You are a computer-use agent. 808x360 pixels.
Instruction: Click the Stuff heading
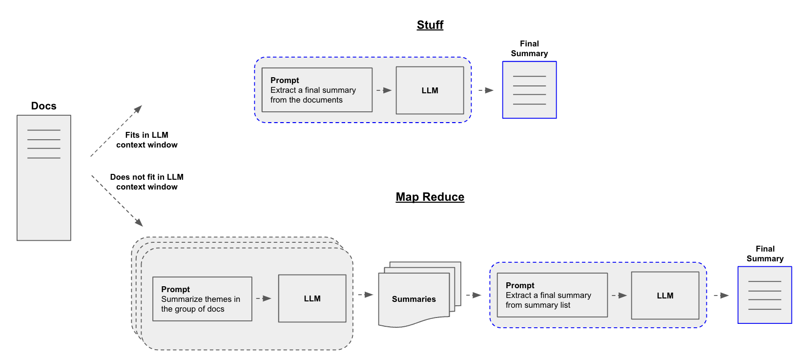(x=430, y=25)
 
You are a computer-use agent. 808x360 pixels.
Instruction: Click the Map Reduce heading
(x=430, y=197)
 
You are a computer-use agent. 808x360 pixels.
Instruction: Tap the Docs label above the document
(x=43, y=106)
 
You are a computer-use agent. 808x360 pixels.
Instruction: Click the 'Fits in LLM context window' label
(x=146, y=140)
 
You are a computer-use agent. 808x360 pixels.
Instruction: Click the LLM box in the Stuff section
(x=430, y=90)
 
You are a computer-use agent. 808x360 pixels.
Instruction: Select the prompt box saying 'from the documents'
(x=317, y=90)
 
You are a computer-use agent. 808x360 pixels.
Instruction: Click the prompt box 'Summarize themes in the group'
(x=202, y=299)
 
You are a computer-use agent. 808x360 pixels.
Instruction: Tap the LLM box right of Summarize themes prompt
(x=312, y=298)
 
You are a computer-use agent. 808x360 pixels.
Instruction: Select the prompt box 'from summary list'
(x=552, y=295)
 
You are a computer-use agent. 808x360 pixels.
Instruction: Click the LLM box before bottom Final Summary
(x=665, y=296)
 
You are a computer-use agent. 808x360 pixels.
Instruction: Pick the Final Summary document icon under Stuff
(x=529, y=90)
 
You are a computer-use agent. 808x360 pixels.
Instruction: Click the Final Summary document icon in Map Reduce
(x=765, y=295)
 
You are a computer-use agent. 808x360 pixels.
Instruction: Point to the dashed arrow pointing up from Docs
(x=116, y=131)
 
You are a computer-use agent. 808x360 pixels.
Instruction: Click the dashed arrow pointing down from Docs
(x=117, y=201)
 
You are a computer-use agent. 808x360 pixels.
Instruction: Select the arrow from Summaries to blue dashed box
(x=474, y=295)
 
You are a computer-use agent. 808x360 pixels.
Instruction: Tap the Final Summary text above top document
(x=529, y=48)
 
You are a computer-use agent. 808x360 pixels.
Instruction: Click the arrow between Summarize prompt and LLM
(x=264, y=298)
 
